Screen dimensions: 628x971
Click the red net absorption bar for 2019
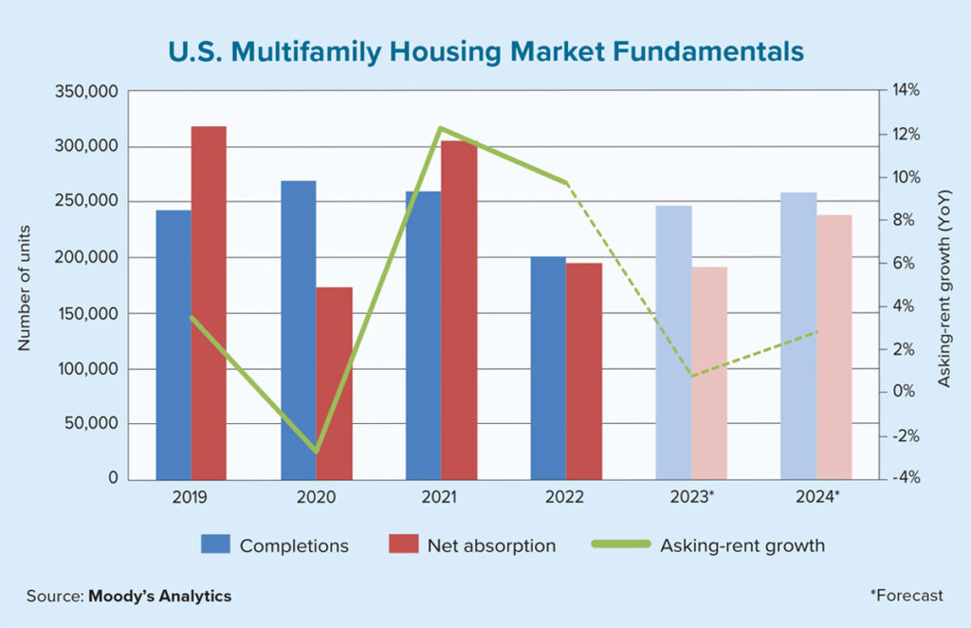pyautogui.click(x=209, y=304)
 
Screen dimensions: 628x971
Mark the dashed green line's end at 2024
pyautogui.click(x=817, y=332)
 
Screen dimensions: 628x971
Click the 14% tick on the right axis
pyautogui.click(x=907, y=91)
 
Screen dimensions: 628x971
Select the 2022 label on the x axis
pyautogui.click(x=565, y=496)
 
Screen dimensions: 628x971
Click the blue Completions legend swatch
pyautogui.click(x=214, y=545)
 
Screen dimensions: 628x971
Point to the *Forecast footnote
pyautogui.click(x=907, y=596)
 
